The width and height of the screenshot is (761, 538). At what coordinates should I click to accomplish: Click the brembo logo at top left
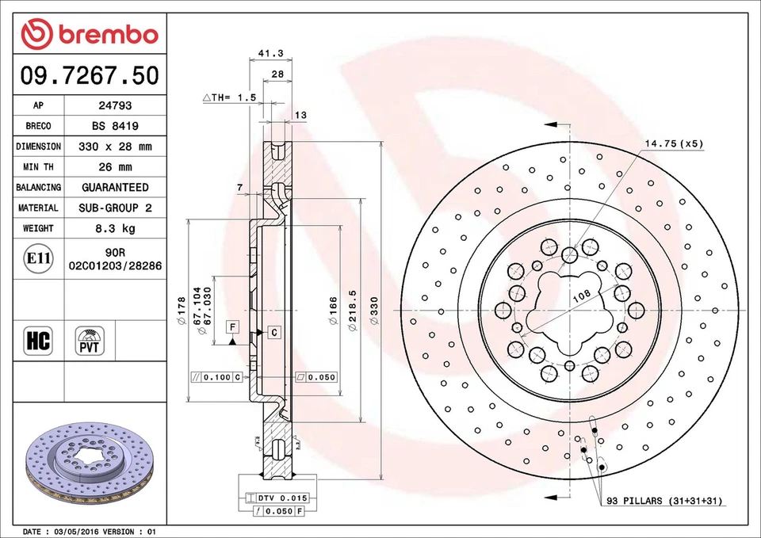(90, 34)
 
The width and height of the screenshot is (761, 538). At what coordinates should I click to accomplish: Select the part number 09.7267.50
(90, 76)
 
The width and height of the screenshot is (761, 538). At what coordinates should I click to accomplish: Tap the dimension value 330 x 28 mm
(115, 147)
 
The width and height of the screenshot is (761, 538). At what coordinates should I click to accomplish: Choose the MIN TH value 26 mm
(115, 167)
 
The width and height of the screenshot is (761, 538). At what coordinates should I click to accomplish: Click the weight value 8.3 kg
(115, 228)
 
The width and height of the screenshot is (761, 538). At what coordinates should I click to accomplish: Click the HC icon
(38, 341)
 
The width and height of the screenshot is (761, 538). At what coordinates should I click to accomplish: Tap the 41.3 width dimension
(271, 54)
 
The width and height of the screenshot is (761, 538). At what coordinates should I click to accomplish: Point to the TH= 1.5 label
(230, 97)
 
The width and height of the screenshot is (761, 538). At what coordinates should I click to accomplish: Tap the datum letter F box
(232, 327)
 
